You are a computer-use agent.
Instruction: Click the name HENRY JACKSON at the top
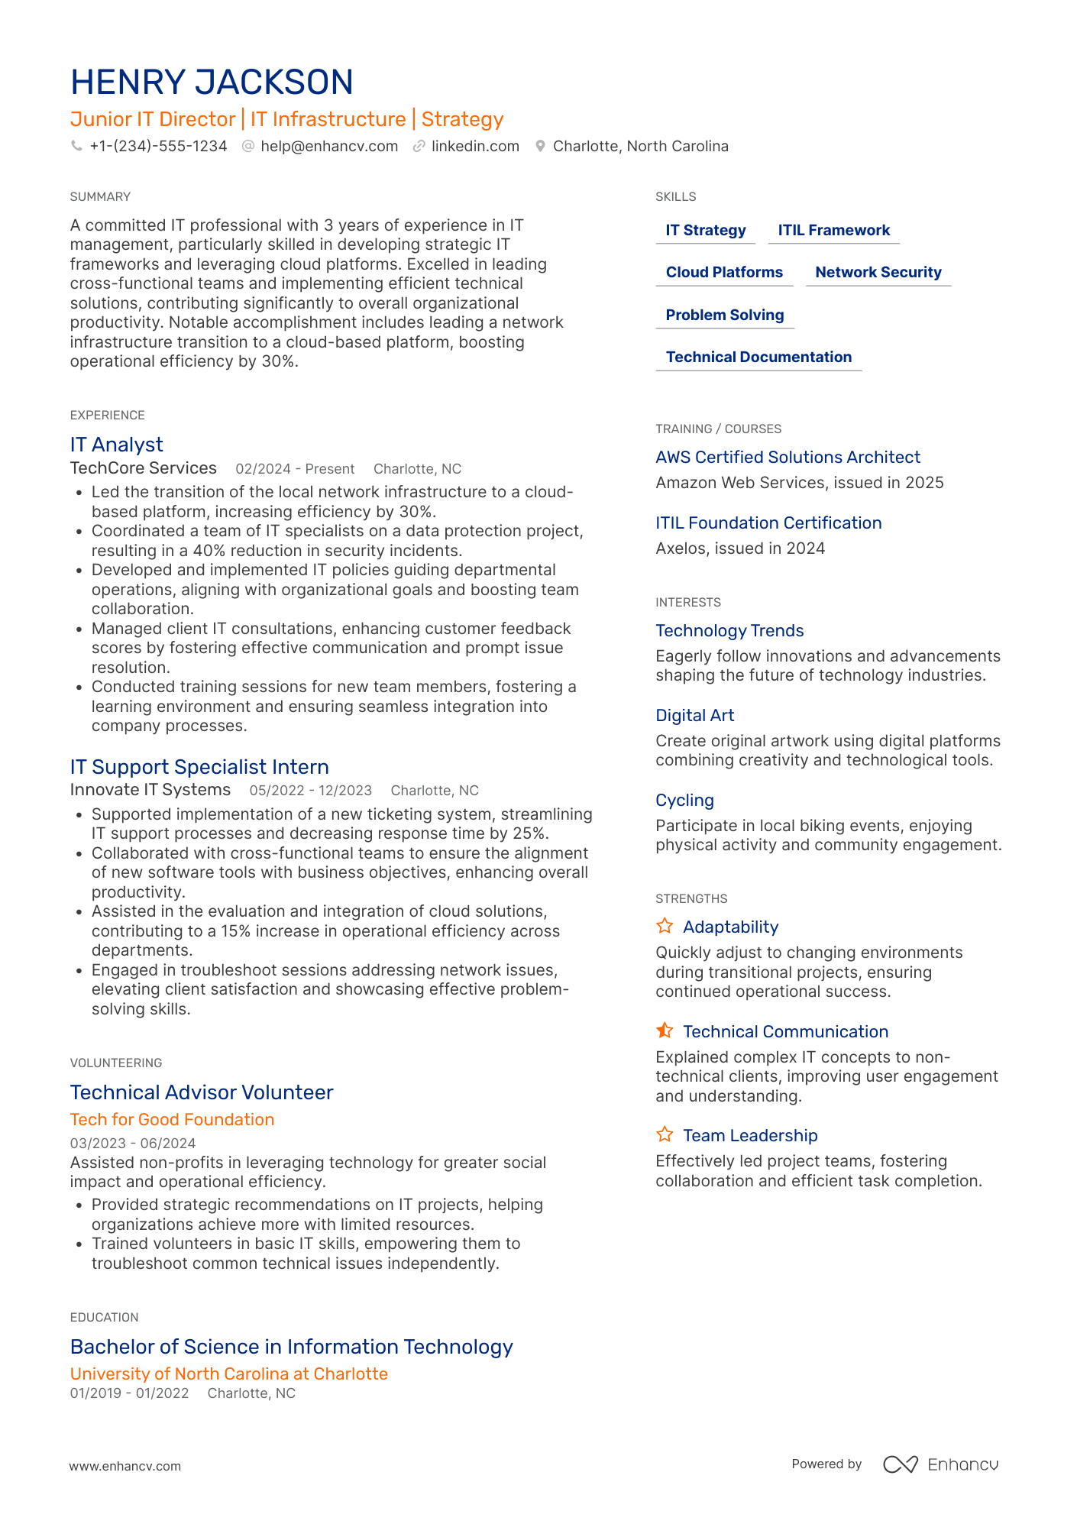click(212, 83)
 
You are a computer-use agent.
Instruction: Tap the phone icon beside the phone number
click(76, 146)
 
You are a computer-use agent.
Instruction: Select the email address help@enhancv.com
click(329, 146)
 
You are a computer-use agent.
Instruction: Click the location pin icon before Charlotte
click(540, 146)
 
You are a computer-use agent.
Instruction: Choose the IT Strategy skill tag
click(705, 231)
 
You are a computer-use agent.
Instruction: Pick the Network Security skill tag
click(878, 273)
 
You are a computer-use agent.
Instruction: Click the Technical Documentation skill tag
click(758, 358)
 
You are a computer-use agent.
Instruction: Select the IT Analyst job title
click(117, 445)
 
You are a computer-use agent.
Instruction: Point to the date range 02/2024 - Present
click(295, 469)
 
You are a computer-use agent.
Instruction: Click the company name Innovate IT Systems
click(150, 790)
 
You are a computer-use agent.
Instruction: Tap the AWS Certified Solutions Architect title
click(788, 458)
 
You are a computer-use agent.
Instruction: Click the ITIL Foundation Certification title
click(768, 523)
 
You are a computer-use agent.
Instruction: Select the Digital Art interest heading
click(694, 716)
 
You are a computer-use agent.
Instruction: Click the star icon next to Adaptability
click(665, 927)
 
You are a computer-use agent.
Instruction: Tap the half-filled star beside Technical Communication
click(665, 1031)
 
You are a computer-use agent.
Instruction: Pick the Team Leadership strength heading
click(749, 1136)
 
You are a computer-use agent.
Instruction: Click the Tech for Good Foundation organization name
click(172, 1120)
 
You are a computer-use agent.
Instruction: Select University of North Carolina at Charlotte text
click(229, 1374)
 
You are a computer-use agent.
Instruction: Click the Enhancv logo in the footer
click(940, 1464)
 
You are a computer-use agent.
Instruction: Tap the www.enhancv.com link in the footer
click(125, 1467)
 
